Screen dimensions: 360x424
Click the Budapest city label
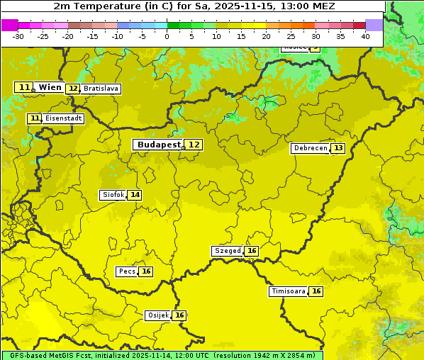click(x=159, y=145)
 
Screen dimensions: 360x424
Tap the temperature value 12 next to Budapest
click(x=194, y=145)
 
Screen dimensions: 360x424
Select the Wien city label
click(x=50, y=87)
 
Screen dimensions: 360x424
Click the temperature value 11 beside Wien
click(x=24, y=87)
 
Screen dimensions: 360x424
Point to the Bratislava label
click(x=100, y=89)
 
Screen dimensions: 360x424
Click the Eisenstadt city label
click(x=63, y=118)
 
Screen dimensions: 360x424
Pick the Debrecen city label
click(x=310, y=148)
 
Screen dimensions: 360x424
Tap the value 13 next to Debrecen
click(x=338, y=148)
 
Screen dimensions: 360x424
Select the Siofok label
click(x=112, y=195)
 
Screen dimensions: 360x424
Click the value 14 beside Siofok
click(x=135, y=195)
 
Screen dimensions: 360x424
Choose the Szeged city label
click(x=227, y=251)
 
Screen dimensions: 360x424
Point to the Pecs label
click(x=127, y=271)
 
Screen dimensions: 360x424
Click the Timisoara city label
click(x=289, y=291)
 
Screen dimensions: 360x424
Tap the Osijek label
click(x=157, y=315)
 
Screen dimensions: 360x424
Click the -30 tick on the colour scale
click(x=18, y=36)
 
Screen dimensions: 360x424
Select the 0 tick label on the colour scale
click(x=167, y=36)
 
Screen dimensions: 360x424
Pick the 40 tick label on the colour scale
click(x=365, y=36)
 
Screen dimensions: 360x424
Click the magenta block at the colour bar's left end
click(x=9, y=25)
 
